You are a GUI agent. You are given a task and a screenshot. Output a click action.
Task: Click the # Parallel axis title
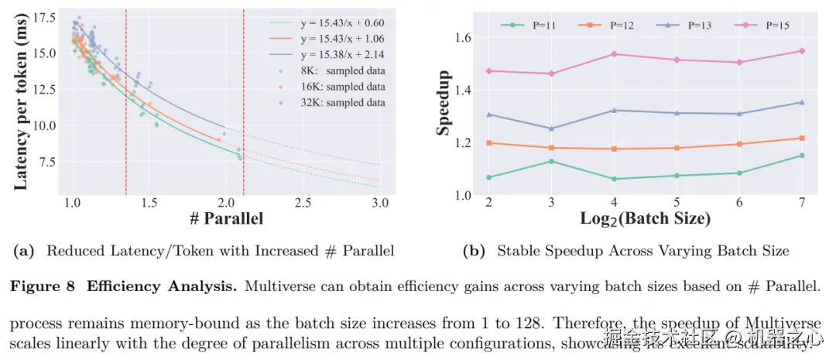click(x=226, y=218)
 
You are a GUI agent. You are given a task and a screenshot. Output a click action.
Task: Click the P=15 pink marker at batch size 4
click(x=614, y=54)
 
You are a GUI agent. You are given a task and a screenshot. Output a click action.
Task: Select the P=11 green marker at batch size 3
click(x=551, y=161)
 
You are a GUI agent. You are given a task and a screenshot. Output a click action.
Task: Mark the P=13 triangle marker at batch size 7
click(x=801, y=102)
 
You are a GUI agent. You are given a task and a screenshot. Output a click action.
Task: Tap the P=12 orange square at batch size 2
click(x=488, y=143)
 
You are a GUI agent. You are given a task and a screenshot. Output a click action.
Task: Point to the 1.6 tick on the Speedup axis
click(x=463, y=37)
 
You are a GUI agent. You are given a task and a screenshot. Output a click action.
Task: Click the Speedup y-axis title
click(x=444, y=103)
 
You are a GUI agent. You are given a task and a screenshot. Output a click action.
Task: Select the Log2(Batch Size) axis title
click(x=645, y=218)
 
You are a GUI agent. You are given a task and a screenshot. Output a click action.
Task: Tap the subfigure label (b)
click(x=472, y=251)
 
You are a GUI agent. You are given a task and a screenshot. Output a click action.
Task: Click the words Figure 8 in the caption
click(x=42, y=287)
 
